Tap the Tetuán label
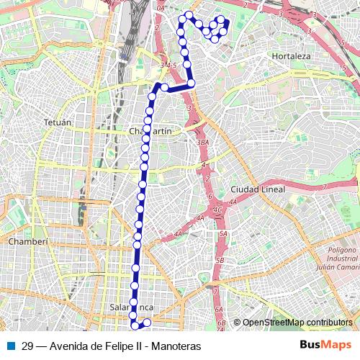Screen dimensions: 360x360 pos(58,123)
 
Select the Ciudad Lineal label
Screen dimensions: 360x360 pos(256,189)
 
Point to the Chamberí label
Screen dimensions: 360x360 pos(27,243)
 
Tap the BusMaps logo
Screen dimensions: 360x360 pos(325,345)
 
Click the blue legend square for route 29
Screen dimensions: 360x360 pos(11,345)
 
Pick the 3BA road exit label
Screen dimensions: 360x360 pos(203,143)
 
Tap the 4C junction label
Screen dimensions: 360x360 pos(217,210)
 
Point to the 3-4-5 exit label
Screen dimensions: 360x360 pos(169,66)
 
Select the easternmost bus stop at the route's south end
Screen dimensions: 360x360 pos(146,323)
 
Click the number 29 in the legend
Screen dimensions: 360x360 pos(27,345)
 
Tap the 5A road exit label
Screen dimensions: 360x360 pos(223,234)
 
